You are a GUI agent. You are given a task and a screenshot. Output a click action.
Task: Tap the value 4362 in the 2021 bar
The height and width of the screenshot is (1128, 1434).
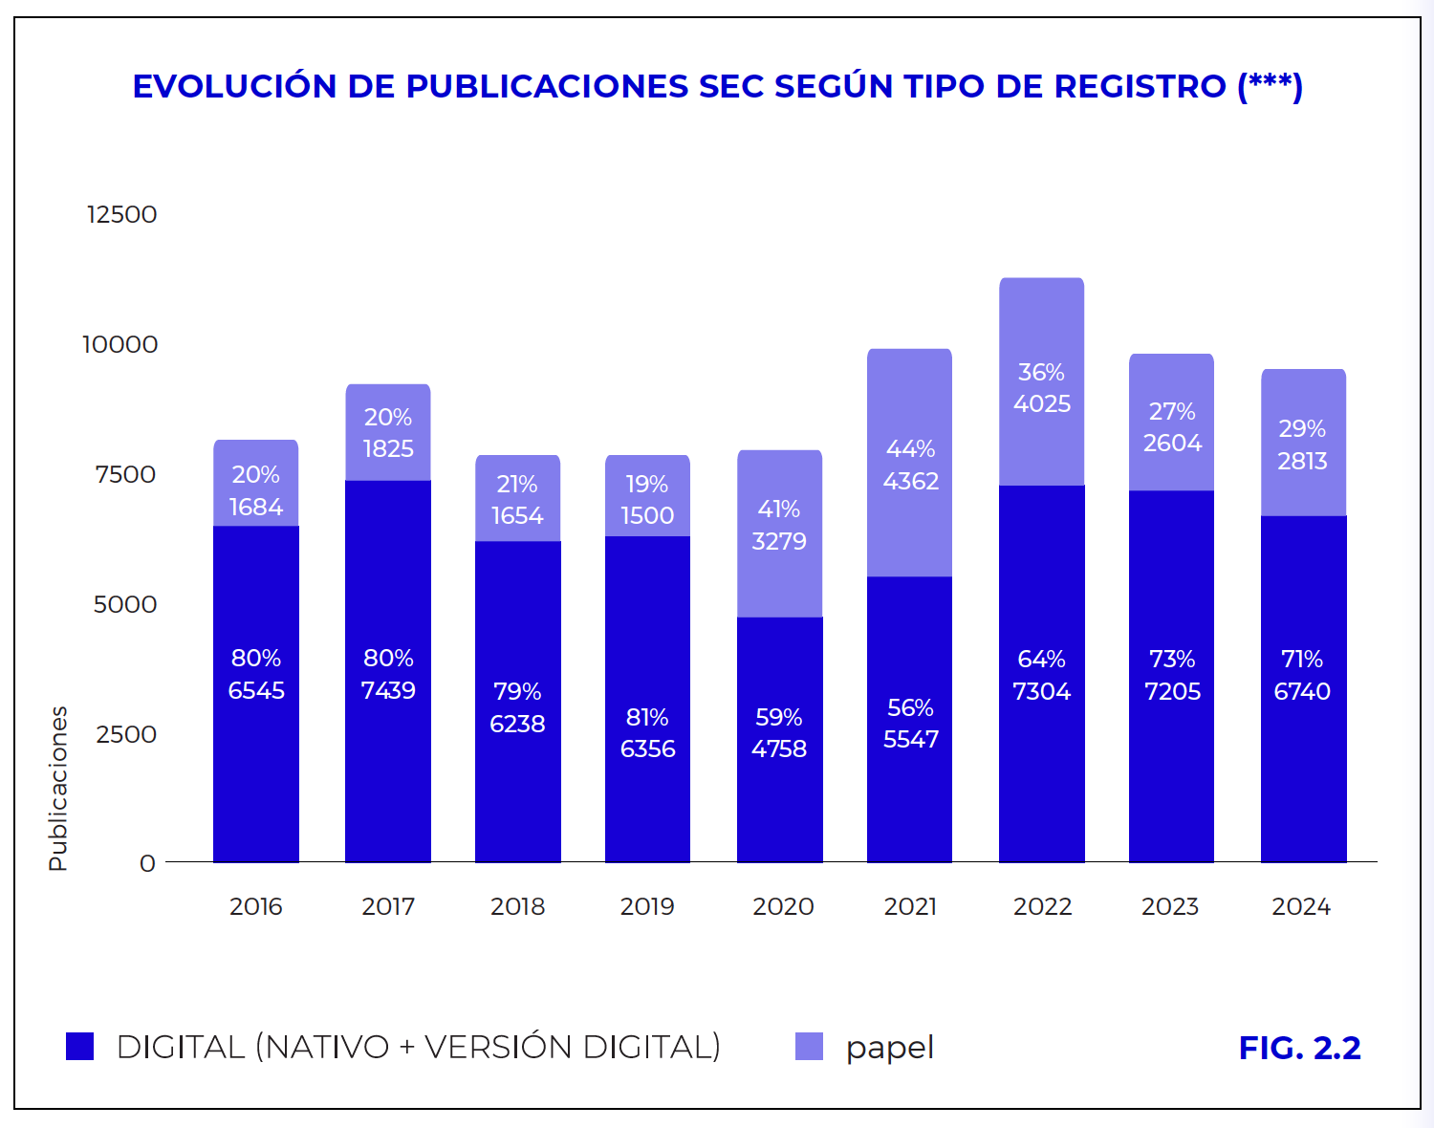click(x=910, y=481)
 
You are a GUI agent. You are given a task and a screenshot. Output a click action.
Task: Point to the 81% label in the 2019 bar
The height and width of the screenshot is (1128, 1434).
click(x=647, y=717)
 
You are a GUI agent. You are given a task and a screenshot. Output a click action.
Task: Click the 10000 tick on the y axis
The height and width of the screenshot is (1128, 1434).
click(x=120, y=344)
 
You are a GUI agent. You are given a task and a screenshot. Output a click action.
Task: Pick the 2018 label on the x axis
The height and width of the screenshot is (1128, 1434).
click(x=517, y=906)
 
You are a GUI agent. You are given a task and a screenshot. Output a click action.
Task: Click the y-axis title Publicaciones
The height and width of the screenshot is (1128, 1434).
click(x=58, y=789)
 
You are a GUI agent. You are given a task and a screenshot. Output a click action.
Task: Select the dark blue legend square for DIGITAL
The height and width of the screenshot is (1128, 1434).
click(x=80, y=1047)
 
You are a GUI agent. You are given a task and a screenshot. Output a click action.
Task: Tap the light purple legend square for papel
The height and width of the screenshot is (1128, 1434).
click(x=809, y=1047)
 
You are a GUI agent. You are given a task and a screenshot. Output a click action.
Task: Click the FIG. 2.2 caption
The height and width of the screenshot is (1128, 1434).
click(x=1299, y=1048)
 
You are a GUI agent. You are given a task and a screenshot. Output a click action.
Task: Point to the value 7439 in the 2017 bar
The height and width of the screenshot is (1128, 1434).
click(x=388, y=690)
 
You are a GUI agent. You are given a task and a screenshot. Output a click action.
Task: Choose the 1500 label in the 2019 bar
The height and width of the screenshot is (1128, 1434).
click(x=647, y=516)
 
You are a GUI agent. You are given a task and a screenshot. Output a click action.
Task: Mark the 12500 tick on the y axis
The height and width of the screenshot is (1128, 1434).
click(x=121, y=214)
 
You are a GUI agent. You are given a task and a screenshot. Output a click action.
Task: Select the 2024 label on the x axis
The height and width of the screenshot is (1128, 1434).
click(x=1301, y=906)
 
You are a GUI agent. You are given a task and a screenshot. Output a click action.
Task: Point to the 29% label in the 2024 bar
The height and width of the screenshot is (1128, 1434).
click(x=1302, y=428)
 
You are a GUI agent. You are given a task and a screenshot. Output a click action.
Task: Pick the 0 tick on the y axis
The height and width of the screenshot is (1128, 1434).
click(x=147, y=863)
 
